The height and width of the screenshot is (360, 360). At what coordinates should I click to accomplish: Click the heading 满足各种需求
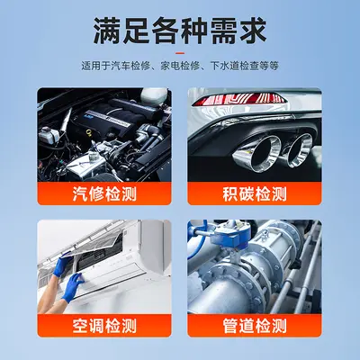click(x=180, y=31)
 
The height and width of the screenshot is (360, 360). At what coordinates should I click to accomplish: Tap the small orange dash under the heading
click(x=180, y=53)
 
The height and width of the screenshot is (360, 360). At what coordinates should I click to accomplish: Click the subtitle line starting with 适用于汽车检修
click(x=180, y=66)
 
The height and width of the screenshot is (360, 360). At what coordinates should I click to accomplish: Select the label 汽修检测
click(x=104, y=193)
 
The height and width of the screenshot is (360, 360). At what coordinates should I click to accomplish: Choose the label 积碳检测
click(x=255, y=193)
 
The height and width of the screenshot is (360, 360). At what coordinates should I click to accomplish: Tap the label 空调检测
click(x=104, y=326)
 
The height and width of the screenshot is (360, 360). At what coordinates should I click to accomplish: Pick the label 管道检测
click(x=255, y=326)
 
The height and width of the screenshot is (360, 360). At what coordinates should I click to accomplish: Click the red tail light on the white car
click(x=239, y=99)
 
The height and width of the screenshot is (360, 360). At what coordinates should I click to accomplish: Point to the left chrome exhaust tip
click(x=258, y=154)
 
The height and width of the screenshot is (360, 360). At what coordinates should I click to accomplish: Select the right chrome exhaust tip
click(x=299, y=150)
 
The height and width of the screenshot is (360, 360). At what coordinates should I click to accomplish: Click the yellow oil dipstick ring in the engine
click(x=88, y=131)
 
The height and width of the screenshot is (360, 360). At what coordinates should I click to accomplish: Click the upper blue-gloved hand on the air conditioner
click(x=62, y=266)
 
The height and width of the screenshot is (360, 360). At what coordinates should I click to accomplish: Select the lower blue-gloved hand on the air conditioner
click(x=73, y=287)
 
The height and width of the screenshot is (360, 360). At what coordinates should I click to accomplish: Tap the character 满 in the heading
click(x=107, y=31)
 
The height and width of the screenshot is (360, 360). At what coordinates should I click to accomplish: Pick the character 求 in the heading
click(x=253, y=31)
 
